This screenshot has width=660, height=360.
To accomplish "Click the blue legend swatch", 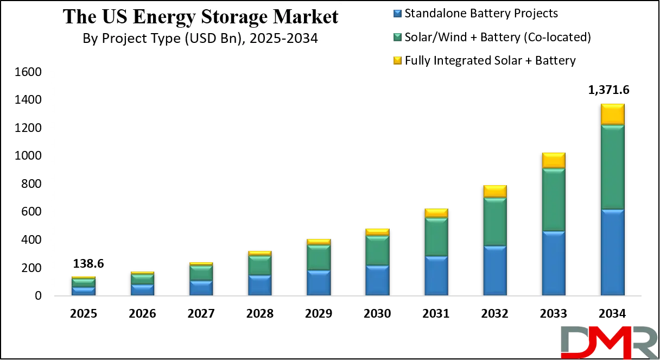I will (x=397, y=13).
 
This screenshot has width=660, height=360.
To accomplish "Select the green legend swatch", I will (x=397, y=37).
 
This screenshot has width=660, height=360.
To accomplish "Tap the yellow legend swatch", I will (x=397, y=60).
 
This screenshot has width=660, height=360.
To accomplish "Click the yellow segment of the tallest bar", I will (x=612, y=114).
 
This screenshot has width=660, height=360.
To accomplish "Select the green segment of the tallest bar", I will (x=612, y=167).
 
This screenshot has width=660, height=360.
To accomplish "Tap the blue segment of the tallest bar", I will (x=612, y=252).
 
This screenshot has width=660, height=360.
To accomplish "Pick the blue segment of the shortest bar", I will (x=84, y=291).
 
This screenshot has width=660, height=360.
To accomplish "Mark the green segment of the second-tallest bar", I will (x=554, y=199).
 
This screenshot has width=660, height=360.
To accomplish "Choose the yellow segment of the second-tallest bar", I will (x=554, y=160).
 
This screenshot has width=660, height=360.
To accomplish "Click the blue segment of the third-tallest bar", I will (x=495, y=270).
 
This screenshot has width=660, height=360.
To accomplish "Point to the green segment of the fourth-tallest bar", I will (x=436, y=237).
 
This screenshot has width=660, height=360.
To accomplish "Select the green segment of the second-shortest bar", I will (x=142, y=279).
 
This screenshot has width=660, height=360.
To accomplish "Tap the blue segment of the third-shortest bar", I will (x=201, y=288).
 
